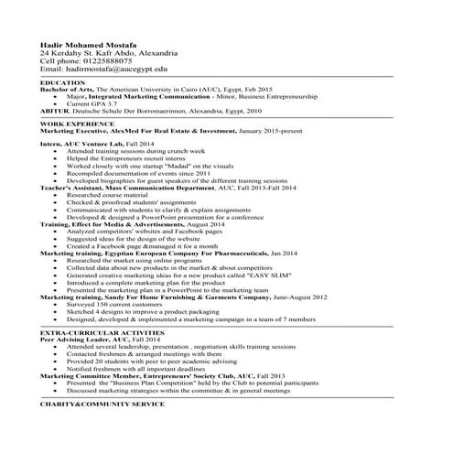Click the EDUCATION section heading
tap(63, 82)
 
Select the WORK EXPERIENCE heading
tap(77, 123)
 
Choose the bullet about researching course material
tap(110, 194)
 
